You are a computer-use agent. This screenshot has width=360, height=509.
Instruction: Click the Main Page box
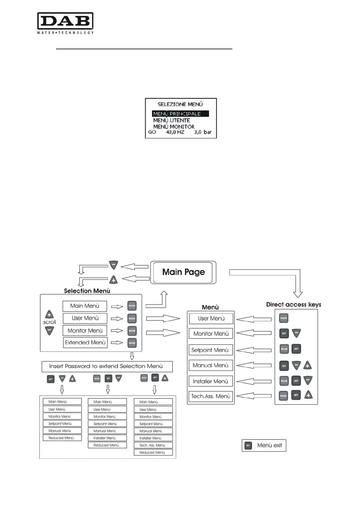coord(183,272)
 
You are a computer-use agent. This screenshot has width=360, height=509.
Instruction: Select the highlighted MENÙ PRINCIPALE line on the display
coord(180,114)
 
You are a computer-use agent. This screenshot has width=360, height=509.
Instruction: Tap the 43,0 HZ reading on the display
coord(175,132)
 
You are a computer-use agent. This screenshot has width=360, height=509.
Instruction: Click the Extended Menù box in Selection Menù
coord(85,342)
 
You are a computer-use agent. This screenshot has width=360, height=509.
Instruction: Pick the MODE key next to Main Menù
coord(132,306)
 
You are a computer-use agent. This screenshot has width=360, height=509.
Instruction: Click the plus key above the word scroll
coord(49,314)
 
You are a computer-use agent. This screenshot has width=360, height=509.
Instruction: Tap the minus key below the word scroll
coord(49,331)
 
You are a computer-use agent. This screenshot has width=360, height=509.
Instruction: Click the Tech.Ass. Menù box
coord(211,396)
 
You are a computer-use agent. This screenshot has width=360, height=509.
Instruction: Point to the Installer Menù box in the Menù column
coord(211,381)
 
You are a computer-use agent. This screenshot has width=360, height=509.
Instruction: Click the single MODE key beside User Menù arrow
coord(283,318)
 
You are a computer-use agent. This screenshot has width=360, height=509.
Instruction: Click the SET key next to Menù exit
coord(248,446)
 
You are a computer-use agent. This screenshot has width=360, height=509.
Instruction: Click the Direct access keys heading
coord(293,304)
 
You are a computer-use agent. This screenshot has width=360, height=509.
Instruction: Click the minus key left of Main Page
coord(113,265)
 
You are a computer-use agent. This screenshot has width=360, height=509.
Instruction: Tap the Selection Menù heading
coord(87,291)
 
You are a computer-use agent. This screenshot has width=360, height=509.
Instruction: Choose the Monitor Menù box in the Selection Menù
coord(85,331)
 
